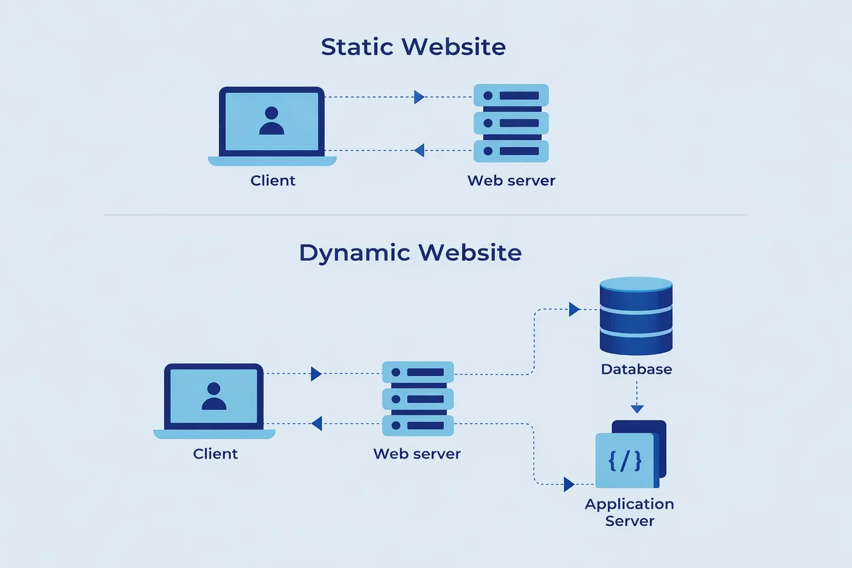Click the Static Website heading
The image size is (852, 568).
[413, 47]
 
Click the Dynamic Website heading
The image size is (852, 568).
[410, 253]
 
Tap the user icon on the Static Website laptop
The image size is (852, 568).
[272, 121]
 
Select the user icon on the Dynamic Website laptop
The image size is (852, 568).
[214, 396]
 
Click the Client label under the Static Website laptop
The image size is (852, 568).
[272, 181]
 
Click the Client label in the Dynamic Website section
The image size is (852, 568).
[215, 454]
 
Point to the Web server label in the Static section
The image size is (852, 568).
[511, 181]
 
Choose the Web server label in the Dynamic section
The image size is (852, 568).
[417, 454]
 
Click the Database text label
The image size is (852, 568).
[636, 369]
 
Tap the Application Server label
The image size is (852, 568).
[630, 512]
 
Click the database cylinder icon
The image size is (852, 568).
[636, 316]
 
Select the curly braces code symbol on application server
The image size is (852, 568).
[625, 461]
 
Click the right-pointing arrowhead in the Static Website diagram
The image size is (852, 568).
[419, 97]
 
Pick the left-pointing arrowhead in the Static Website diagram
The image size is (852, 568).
[419, 150]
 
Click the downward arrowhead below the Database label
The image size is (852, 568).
[637, 409]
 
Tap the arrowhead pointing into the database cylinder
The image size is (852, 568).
[574, 310]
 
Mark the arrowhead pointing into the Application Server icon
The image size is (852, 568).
[569, 484]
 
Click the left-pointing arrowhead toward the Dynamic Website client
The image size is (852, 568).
[317, 424]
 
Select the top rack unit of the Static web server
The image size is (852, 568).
[511, 95]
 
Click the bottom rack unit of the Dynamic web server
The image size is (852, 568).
[418, 425]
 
